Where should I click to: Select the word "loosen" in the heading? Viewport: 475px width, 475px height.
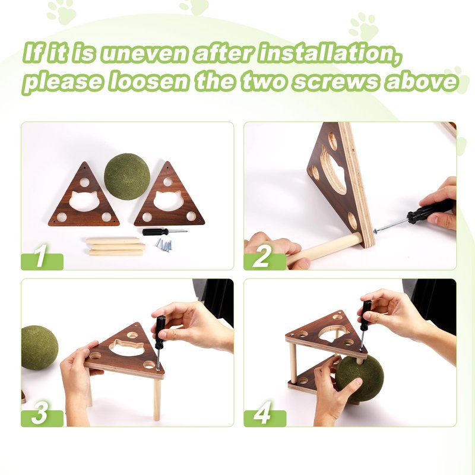coord(148,81)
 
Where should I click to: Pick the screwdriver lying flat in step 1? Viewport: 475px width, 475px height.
coord(164,232)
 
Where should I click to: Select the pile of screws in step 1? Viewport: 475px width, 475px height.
coord(164,244)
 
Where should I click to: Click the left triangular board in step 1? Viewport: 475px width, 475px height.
coord(84,197)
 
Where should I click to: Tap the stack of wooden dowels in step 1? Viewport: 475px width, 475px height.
coord(115,246)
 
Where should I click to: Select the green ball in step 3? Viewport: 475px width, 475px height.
coord(39,348)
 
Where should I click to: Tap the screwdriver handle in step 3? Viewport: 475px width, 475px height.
coord(160,332)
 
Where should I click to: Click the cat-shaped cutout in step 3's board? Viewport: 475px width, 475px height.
coord(127,347)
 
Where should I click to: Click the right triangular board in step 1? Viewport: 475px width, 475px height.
coord(169,197)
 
